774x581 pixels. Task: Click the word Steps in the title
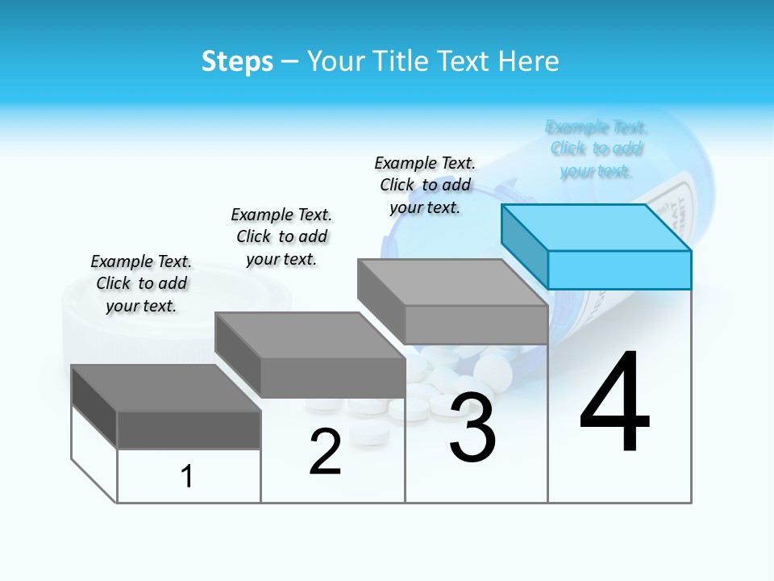(237, 61)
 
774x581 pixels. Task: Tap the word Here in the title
(527, 61)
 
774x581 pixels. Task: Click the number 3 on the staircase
(472, 428)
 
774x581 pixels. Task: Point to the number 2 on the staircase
(325, 452)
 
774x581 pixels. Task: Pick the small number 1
(187, 476)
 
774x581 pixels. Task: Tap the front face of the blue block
(619, 270)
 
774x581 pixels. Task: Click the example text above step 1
(141, 283)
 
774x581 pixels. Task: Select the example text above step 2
(281, 236)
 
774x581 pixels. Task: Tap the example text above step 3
(425, 185)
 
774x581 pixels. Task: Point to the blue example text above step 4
(596, 148)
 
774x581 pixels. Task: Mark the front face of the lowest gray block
(189, 429)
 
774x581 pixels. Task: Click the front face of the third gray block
(476, 324)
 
